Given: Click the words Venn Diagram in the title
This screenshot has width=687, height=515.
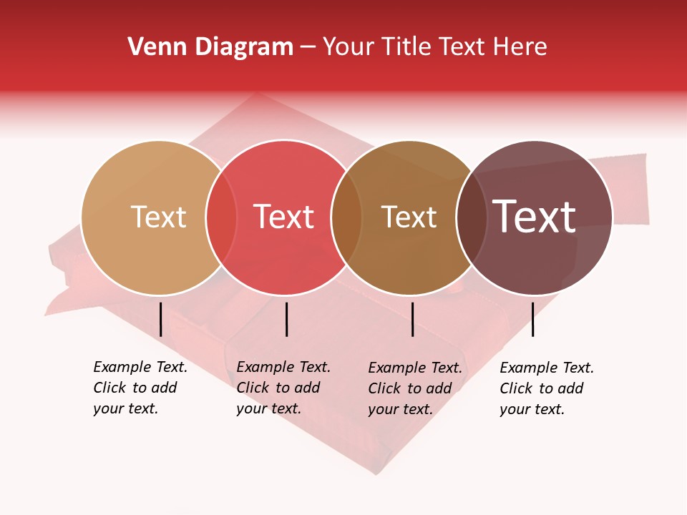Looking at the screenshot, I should tap(210, 47).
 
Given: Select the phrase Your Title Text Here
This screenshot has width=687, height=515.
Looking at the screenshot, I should tap(434, 47).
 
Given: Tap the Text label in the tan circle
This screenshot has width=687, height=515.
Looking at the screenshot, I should tap(158, 217).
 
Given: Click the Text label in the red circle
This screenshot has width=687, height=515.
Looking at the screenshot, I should tap(284, 217).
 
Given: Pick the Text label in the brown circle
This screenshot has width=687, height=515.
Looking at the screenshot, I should tap(409, 217).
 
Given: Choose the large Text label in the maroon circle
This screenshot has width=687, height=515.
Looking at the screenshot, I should tap(535, 217).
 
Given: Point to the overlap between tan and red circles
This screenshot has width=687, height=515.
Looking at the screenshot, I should tap(221, 217).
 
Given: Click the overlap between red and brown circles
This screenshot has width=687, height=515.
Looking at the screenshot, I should tap(346, 217).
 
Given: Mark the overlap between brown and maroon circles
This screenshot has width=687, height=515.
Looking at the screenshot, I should tap(470, 217).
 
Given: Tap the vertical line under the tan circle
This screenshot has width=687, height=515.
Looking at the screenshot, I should tap(161, 319).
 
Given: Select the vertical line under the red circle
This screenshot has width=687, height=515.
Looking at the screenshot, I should tap(286, 319).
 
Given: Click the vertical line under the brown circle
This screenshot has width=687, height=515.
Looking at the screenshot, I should tap(412, 319).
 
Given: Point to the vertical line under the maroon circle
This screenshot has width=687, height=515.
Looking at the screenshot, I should tap(533, 319).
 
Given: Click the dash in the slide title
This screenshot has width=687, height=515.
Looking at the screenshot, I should tap(308, 48).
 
